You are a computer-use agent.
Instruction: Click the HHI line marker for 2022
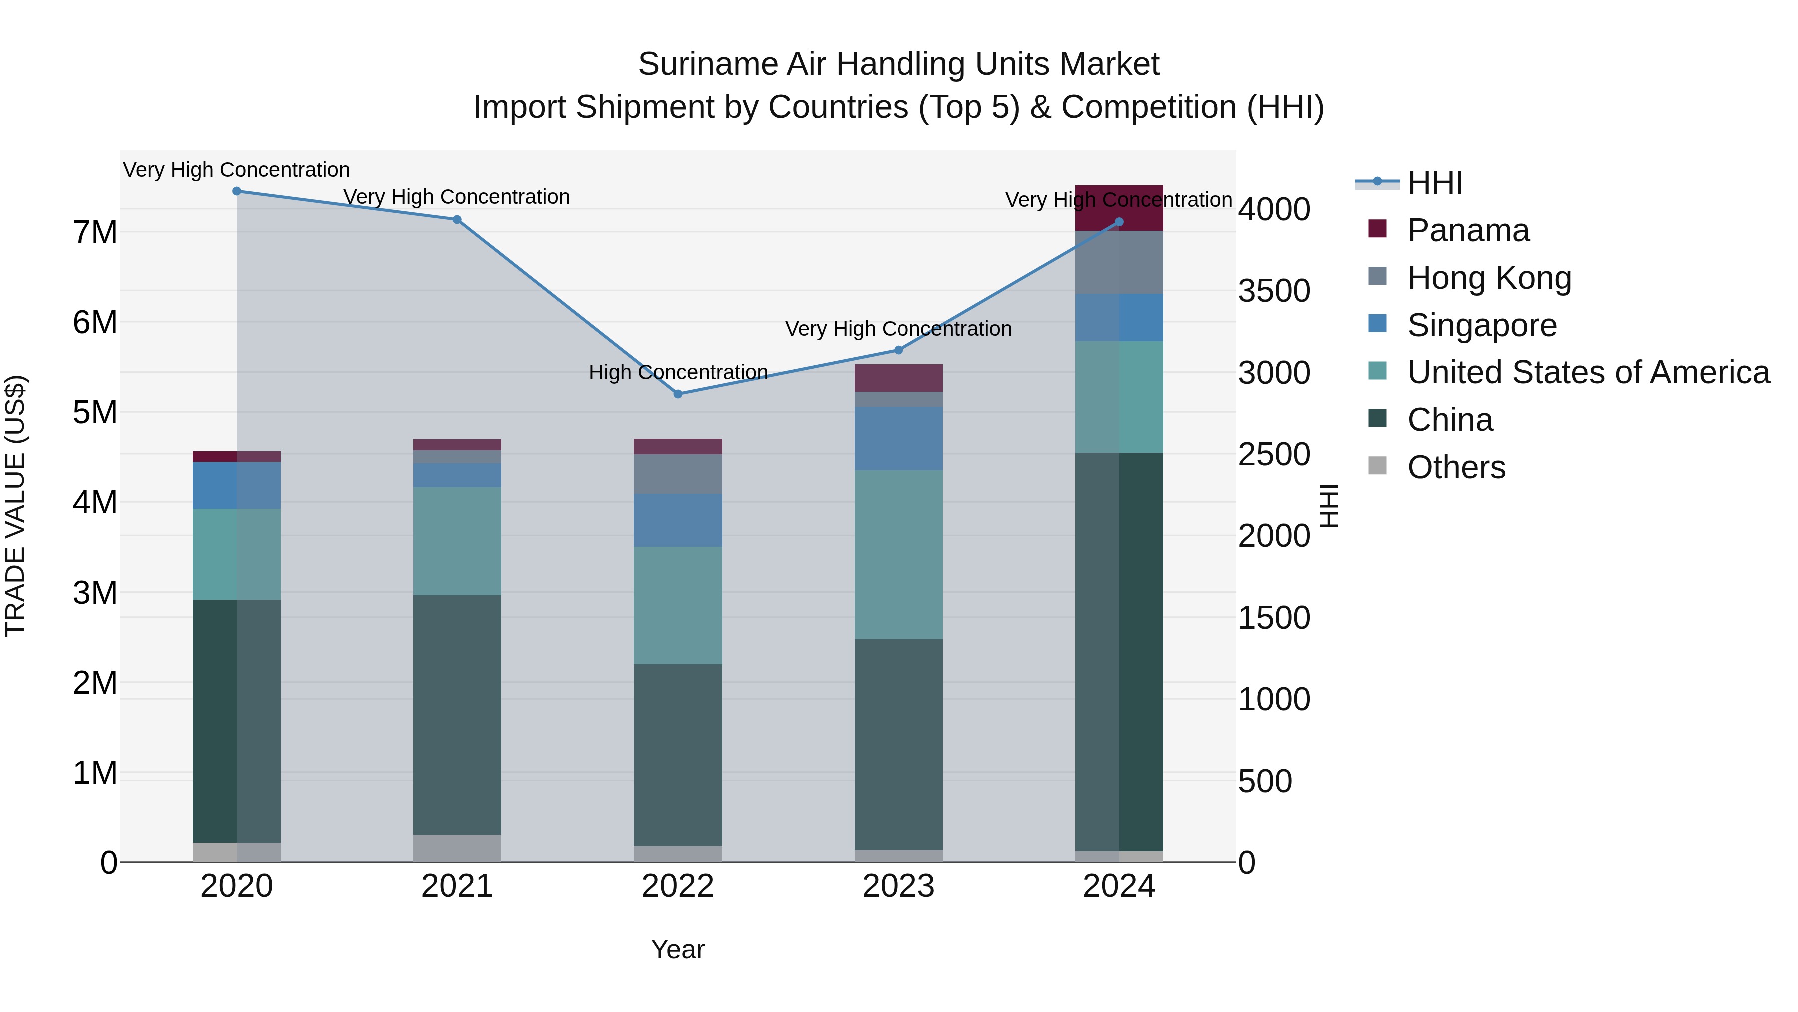click(x=678, y=394)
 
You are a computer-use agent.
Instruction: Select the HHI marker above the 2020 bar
click(x=237, y=191)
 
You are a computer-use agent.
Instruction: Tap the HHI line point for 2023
click(x=899, y=350)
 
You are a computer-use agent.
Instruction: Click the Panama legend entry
click(x=1467, y=230)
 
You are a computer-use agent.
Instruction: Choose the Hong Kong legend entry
click(x=1489, y=278)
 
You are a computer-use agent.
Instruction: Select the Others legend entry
click(x=1456, y=467)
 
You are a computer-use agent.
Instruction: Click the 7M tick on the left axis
click(x=95, y=232)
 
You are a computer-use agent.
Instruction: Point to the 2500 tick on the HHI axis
click(x=1273, y=455)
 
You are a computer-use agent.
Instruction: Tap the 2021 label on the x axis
click(x=457, y=886)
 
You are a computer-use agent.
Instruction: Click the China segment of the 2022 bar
click(x=678, y=754)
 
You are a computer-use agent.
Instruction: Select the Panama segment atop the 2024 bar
click(x=1119, y=207)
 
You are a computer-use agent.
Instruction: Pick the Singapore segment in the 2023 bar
click(x=899, y=439)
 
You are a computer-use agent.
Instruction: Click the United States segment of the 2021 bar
click(x=457, y=541)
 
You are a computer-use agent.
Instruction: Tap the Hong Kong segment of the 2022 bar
click(x=678, y=474)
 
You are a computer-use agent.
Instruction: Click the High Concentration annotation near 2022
click(x=678, y=372)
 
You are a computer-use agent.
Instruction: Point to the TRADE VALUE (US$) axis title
click(x=16, y=506)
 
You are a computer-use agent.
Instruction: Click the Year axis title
click(x=678, y=949)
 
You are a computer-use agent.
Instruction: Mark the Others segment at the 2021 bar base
click(x=457, y=848)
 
